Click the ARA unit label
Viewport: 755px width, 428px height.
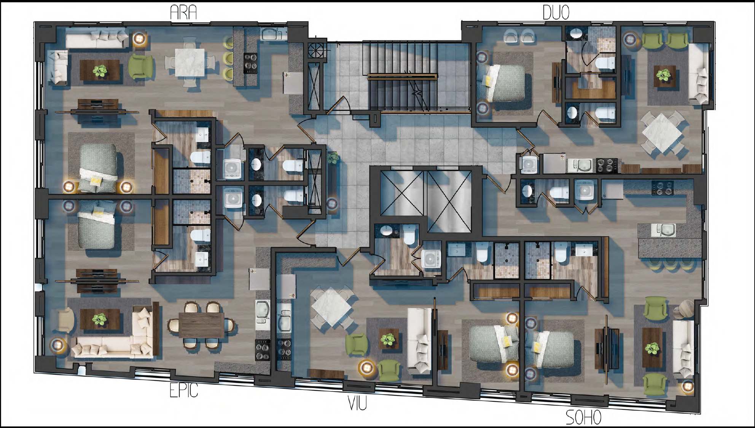pyautogui.click(x=183, y=13)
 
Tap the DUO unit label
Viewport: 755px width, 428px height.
pyautogui.click(x=556, y=13)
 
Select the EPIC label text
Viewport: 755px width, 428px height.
pyautogui.click(x=184, y=390)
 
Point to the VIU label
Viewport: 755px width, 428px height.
pyautogui.click(x=357, y=403)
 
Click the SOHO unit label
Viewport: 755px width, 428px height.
pyautogui.click(x=583, y=417)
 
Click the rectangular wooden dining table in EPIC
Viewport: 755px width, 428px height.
pyautogui.click(x=201, y=325)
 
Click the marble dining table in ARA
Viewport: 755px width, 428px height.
pyautogui.click(x=190, y=62)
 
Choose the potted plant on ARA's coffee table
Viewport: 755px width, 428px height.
pyautogui.click(x=100, y=71)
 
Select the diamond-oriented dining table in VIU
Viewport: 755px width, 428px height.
pyautogui.click(x=331, y=307)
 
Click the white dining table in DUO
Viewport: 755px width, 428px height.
pyautogui.click(x=662, y=133)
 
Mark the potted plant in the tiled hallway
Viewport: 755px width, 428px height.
pyautogui.click(x=333, y=158)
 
